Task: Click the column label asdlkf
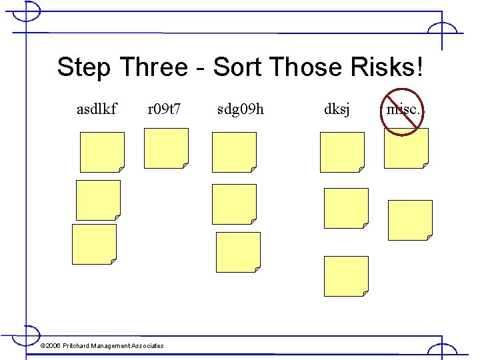click(x=97, y=108)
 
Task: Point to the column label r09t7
click(x=165, y=108)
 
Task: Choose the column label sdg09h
click(x=241, y=108)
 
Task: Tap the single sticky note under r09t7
click(x=166, y=148)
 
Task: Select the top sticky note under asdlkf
click(x=102, y=152)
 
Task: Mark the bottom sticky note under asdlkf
click(x=94, y=244)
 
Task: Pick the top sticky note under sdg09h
click(x=234, y=152)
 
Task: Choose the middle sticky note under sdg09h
click(x=234, y=204)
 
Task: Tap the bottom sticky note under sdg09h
click(x=238, y=252)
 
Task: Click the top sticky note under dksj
click(x=342, y=152)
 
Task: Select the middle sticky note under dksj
click(x=346, y=208)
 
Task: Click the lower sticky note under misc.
click(x=410, y=220)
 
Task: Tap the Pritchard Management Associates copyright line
click(x=102, y=345)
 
